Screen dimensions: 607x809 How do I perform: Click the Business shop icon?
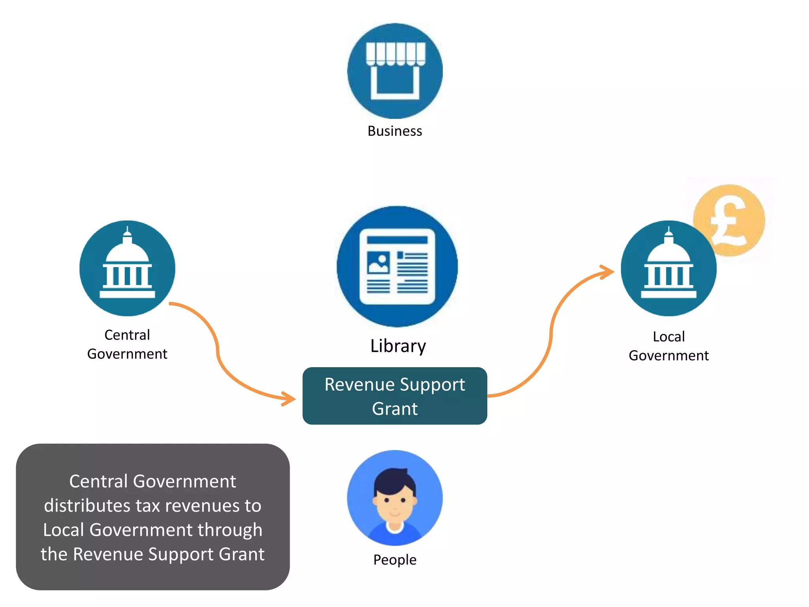395,71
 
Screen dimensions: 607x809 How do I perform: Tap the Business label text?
395,131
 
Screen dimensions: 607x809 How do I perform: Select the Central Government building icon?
127,268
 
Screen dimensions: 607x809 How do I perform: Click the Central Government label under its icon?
127,344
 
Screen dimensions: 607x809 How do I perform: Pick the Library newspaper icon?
397,266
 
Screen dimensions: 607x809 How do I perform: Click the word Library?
398,346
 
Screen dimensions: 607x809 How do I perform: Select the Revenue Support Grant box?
395,396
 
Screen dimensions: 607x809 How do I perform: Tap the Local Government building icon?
668,268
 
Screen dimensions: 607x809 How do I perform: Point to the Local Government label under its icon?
668,346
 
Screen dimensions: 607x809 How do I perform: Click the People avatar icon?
395,498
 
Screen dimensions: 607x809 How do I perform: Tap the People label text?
395,560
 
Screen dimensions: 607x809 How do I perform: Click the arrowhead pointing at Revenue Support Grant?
290,398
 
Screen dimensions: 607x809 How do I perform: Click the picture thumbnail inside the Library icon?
378,263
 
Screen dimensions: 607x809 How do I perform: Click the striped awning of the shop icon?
395,53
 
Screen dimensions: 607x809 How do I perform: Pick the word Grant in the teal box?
395,409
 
